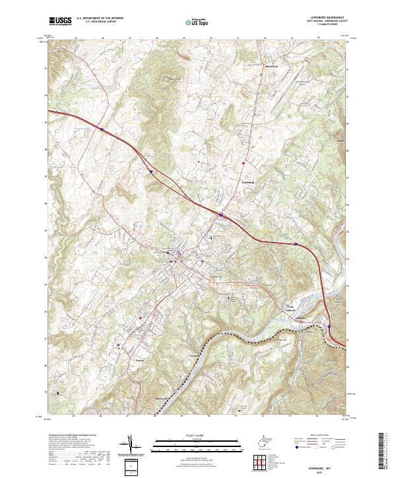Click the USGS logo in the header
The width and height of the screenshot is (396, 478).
(x=60, y=22)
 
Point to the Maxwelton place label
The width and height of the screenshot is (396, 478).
(x=254, y=67)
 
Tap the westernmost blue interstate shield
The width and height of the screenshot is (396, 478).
(x=102, y=129)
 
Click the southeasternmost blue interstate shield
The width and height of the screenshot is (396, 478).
(x=329, y=326)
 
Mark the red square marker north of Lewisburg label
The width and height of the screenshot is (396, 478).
(x=244, y=162)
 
